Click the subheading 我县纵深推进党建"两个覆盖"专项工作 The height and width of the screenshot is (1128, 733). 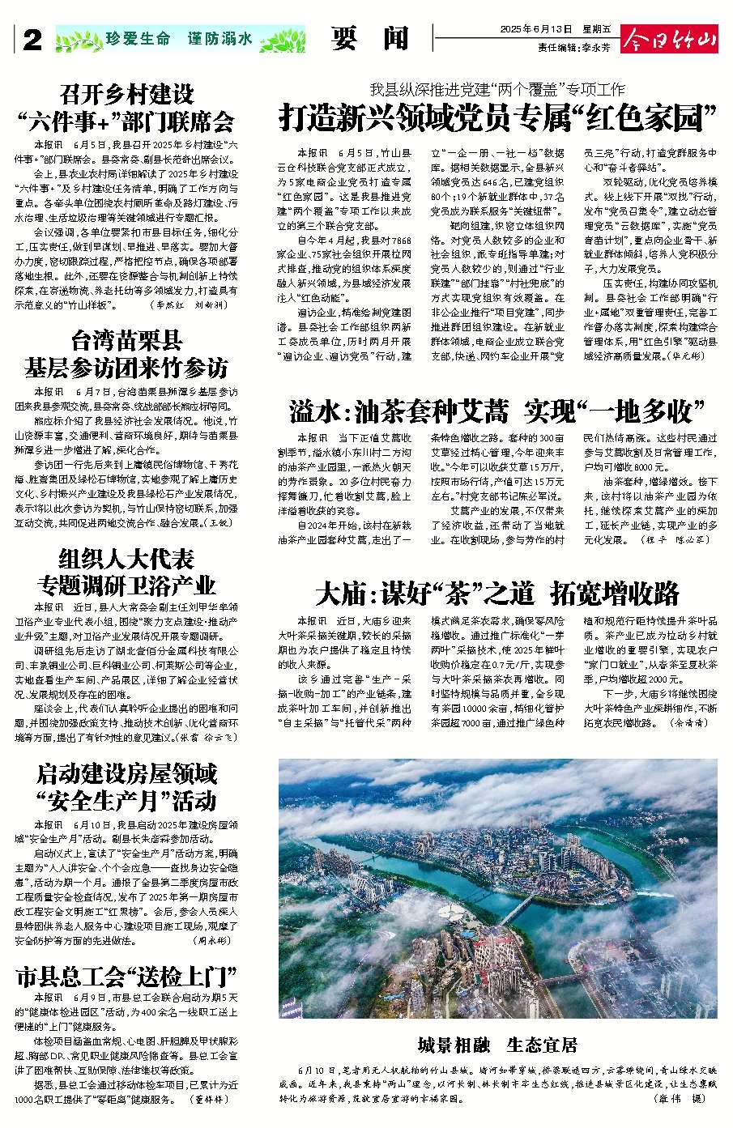[497, 90]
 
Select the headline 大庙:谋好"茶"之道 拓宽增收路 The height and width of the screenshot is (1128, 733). [497, 594]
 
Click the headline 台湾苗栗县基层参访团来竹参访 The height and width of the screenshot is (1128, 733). [126, 353]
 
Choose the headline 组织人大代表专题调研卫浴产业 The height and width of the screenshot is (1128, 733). [126, 572]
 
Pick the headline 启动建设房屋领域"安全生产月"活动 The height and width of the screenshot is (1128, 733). [126, 786]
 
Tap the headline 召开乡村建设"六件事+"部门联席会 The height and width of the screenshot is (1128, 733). [126, 108]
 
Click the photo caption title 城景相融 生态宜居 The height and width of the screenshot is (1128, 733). [497, 1044]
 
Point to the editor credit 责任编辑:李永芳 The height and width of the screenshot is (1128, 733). [577, 47]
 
